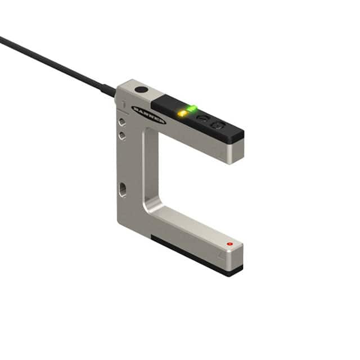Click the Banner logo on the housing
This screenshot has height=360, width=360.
[148, 115]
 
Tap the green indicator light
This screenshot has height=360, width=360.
[192, 107]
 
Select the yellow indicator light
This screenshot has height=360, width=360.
[182, 114]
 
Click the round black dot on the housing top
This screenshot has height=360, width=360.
[141, 89]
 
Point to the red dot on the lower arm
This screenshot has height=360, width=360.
[229, 244]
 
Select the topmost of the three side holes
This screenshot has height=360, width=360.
[121, 121]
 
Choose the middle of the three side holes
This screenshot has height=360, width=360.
[121, 135]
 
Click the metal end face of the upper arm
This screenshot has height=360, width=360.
[236, 151]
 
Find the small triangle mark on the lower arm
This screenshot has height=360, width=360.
[222, 254]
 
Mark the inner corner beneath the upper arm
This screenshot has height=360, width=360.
[147, 133]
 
